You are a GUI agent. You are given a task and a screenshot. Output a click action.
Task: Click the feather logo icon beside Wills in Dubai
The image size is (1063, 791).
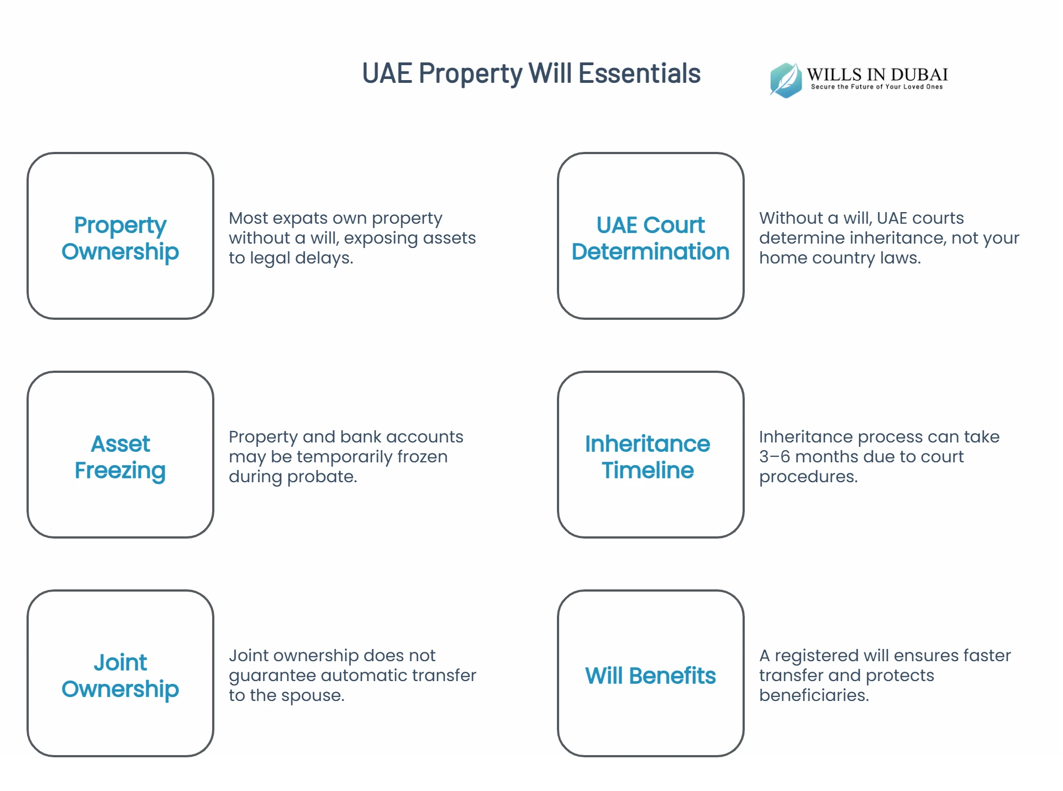pos(786,80)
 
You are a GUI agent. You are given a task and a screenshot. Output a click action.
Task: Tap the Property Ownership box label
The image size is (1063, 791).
pos(120,238)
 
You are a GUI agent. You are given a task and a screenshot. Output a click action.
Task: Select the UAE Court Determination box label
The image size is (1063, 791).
pos(650,238)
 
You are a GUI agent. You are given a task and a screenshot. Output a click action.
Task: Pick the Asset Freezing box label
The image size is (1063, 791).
pos(120,457)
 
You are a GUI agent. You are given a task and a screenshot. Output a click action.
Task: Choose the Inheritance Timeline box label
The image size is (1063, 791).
pos(648,457)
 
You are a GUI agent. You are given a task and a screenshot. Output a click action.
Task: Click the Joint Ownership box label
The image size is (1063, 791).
pos(120,676)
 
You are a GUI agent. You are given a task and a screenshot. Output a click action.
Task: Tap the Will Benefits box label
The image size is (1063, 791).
pos(650,676)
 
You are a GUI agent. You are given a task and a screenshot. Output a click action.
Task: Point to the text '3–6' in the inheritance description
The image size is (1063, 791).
pos(774,457)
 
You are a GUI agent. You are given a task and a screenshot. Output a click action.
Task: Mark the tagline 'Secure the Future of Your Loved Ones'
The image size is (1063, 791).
pos(877,87)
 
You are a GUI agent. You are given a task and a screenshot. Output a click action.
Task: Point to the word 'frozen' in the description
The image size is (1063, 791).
pos(422,457)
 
